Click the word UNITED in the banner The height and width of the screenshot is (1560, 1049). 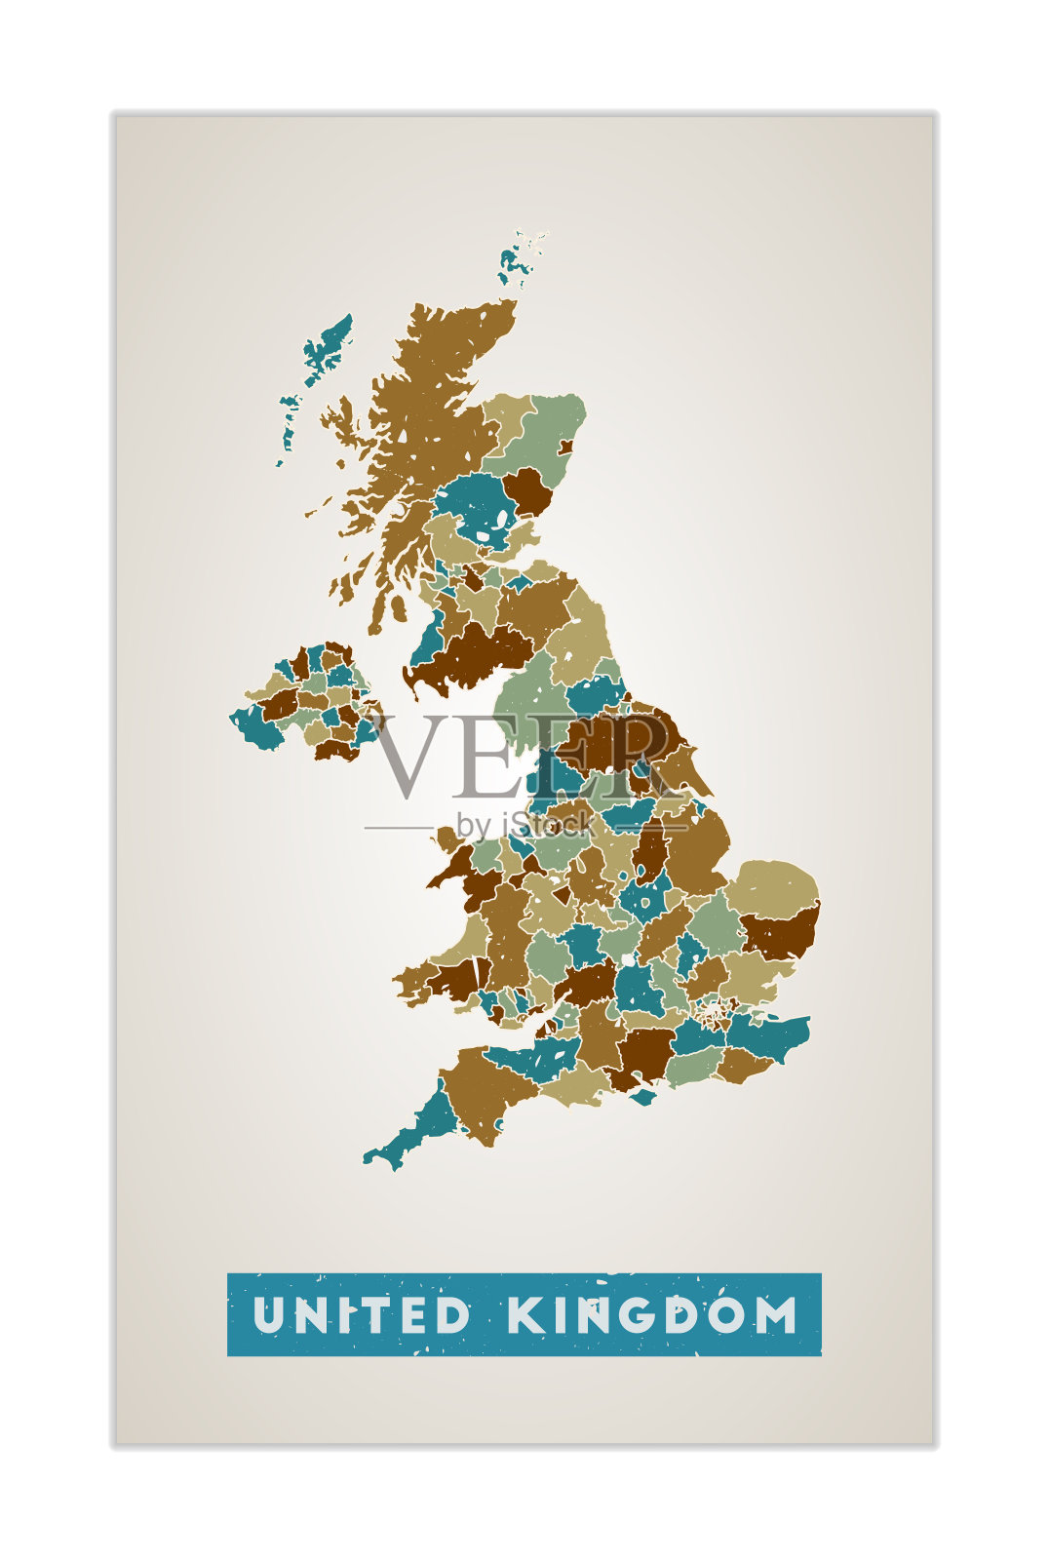point(362,1315)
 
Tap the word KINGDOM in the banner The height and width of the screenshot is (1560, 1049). point(652,1315)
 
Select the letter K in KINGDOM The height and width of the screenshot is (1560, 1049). point(524,1315)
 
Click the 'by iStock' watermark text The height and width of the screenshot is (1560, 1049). point(524,826)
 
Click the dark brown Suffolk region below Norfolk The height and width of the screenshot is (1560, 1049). point(780,931)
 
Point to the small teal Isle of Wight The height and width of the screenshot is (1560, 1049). point(642,1097)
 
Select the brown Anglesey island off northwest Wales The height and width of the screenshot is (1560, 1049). point(447,838)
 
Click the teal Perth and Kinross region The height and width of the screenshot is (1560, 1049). point(478,502)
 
